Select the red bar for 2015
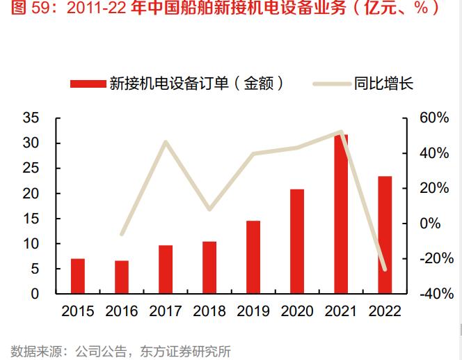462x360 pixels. pyautogui.click(x=78, y=276)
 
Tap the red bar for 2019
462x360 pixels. pyautogui.click(x=253, y=257)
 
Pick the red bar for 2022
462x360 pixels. pyautogui.click(x=385, y=235)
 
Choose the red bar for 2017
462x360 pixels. pyautogui.click(x=166, y=269)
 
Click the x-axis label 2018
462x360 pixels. pyautogui.click(x=209, y=311)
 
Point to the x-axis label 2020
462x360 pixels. pyautogui.click(x=297, y=311)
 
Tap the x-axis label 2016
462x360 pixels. pyautogui.click(x=122, y=311)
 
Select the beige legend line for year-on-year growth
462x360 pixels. pyautogui.click(x=330, y=84)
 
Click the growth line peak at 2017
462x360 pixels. pyautogui.click(x=166, y=142)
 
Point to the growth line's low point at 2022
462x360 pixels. pyautogui.click(x=385, y=269)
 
